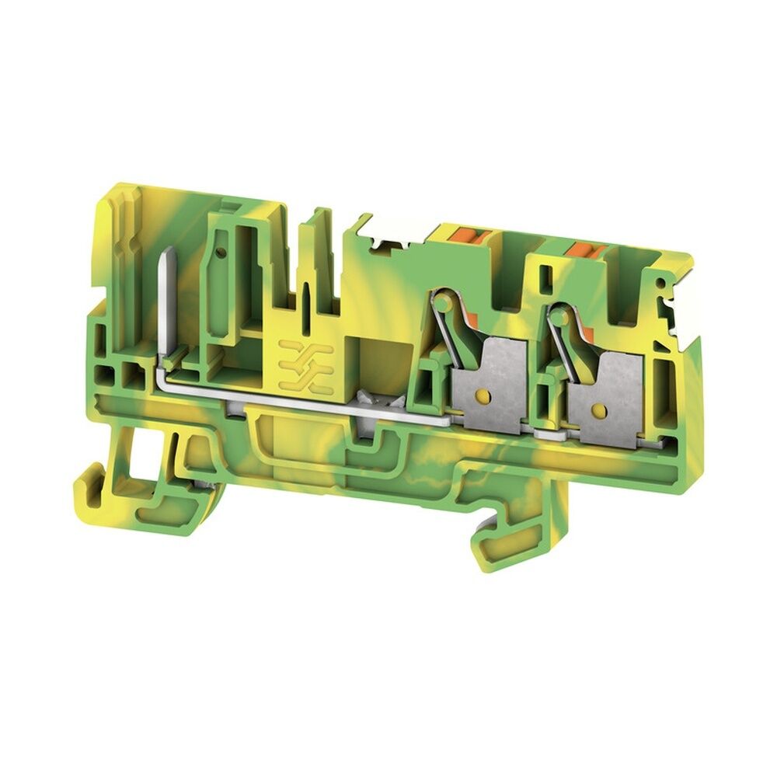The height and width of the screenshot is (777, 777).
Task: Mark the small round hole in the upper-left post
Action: pos(222,253)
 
